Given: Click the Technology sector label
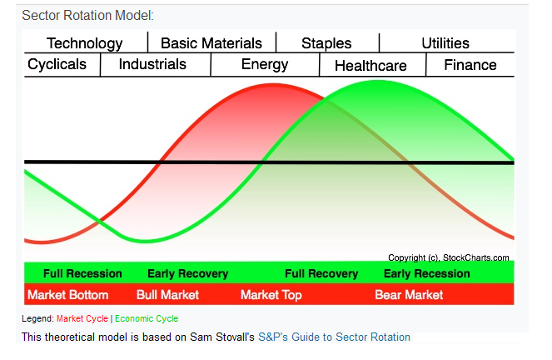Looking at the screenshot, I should pyautogui.click(x=84, y=43).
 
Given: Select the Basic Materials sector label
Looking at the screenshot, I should pyautogui.click(x=211, y=43).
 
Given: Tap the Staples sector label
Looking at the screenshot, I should pyautogui.click(x=326, y=43).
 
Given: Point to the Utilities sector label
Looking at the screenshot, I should pyautogui.click(x=445, y=43).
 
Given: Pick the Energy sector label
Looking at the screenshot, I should pyautogui.click(x=265, y=65).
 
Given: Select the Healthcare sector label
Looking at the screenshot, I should pyautogui.click(x=370, y=66).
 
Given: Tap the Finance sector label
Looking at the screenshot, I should pyautogui.click(x=470, y=65).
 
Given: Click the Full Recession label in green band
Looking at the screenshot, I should pyautogui.click(x=82, y=274).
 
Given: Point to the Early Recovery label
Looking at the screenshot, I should pyautogui.click(x=187, y=274).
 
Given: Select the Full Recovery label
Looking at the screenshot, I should pyautogui.click(x=321, y=274).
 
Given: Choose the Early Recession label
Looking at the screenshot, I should pyautogui.click(x=425, y=274).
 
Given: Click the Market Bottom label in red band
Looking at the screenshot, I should pyautogui.click(x=68, y=295).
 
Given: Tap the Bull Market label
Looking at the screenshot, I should pyautogui.click(x=167, y=295).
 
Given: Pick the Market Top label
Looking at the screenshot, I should pyautogui.click(x=271, y=295).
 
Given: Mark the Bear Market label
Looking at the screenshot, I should pyautogui.click(x=409, y=295).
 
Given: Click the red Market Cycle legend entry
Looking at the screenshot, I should pyautogui.click(x=82, y=318).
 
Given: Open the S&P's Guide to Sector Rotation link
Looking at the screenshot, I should pyautogui.click(x=334, y=337).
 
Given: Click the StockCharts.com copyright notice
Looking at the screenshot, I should pyautogui.click(x=448, y=257).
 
